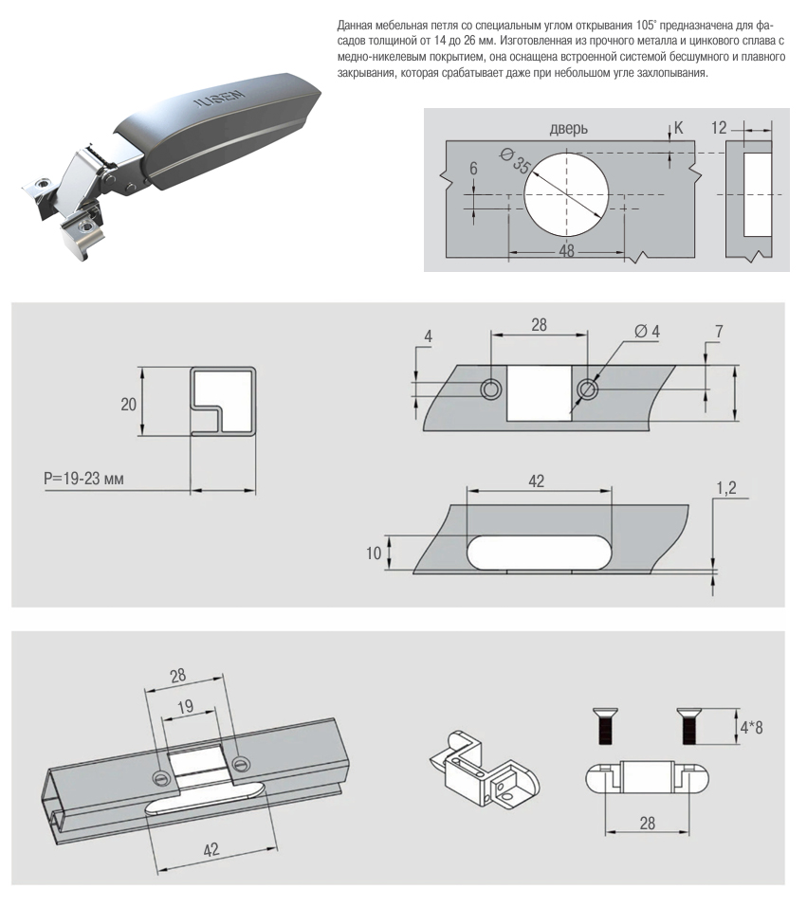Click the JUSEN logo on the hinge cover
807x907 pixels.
[x=218, y=100]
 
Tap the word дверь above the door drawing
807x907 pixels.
[x=568, y=128]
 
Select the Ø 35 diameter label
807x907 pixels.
[x=514, y=161]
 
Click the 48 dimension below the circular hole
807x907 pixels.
[x=567, y=250]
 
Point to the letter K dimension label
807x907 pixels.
[x=678, y=128]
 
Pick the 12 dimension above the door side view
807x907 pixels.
[x=719, y=128]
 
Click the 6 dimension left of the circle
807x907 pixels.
[x=473, y=169]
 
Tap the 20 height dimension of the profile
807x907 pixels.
[x=129, y=404]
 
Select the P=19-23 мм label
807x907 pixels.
[x=84, y=479]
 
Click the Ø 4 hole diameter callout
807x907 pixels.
[x=648, y=332]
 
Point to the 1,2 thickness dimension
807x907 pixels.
[x=726, y=488]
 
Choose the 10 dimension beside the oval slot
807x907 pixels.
[x=374, y=553]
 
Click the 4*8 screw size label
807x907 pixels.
[x=751, y=727]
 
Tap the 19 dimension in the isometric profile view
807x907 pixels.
[x=185, y=707]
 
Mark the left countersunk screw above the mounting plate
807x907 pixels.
[x=605, y=726]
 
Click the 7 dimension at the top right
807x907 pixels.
[x=719, y=332]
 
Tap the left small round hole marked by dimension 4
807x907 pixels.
[x=491, y=390]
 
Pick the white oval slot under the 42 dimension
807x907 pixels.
[x=539, y=553]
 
